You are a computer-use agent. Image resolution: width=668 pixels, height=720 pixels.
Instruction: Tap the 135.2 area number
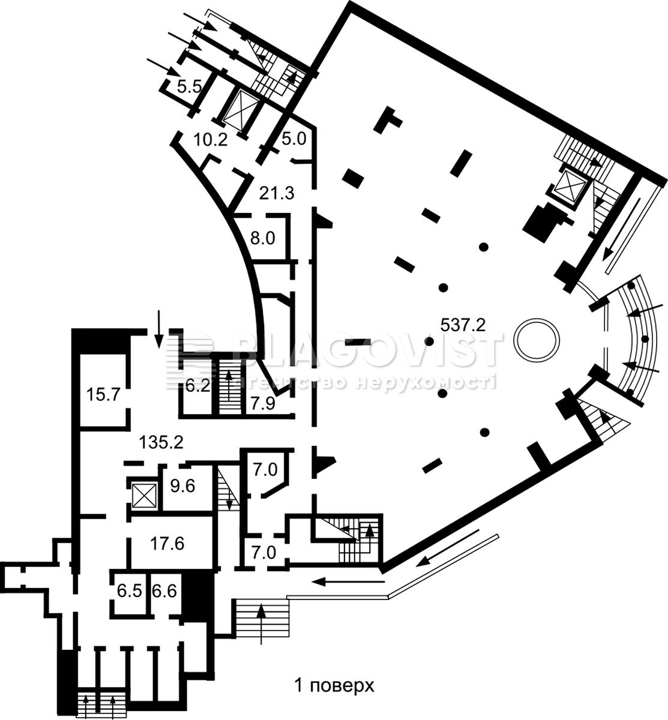(x=161, y=443)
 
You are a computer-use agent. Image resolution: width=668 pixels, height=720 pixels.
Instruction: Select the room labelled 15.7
(x=103, y=394)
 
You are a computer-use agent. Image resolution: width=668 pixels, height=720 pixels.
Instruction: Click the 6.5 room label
(x=129, y=601)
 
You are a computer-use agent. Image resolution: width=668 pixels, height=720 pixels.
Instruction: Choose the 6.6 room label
(x=164, y=601)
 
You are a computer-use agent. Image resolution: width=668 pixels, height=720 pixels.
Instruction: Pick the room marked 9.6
(x=183, y=486)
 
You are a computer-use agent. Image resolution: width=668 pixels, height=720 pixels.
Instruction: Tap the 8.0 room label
(x=263, y=239)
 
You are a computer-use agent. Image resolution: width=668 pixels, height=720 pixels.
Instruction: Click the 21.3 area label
(x=277, y=193)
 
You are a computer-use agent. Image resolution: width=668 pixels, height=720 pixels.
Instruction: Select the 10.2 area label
(x=210, y=140)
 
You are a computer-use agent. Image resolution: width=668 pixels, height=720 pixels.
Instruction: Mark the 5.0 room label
(x=294, y=139)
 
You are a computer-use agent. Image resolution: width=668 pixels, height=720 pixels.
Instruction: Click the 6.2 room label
(x=198, y=386)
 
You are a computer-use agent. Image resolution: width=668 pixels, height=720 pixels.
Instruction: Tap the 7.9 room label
(x=262, y=404)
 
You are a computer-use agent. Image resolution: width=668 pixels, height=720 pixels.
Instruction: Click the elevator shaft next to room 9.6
(x=144, y=495)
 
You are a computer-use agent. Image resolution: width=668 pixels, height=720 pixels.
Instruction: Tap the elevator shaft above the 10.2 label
(x=241, y=112)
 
